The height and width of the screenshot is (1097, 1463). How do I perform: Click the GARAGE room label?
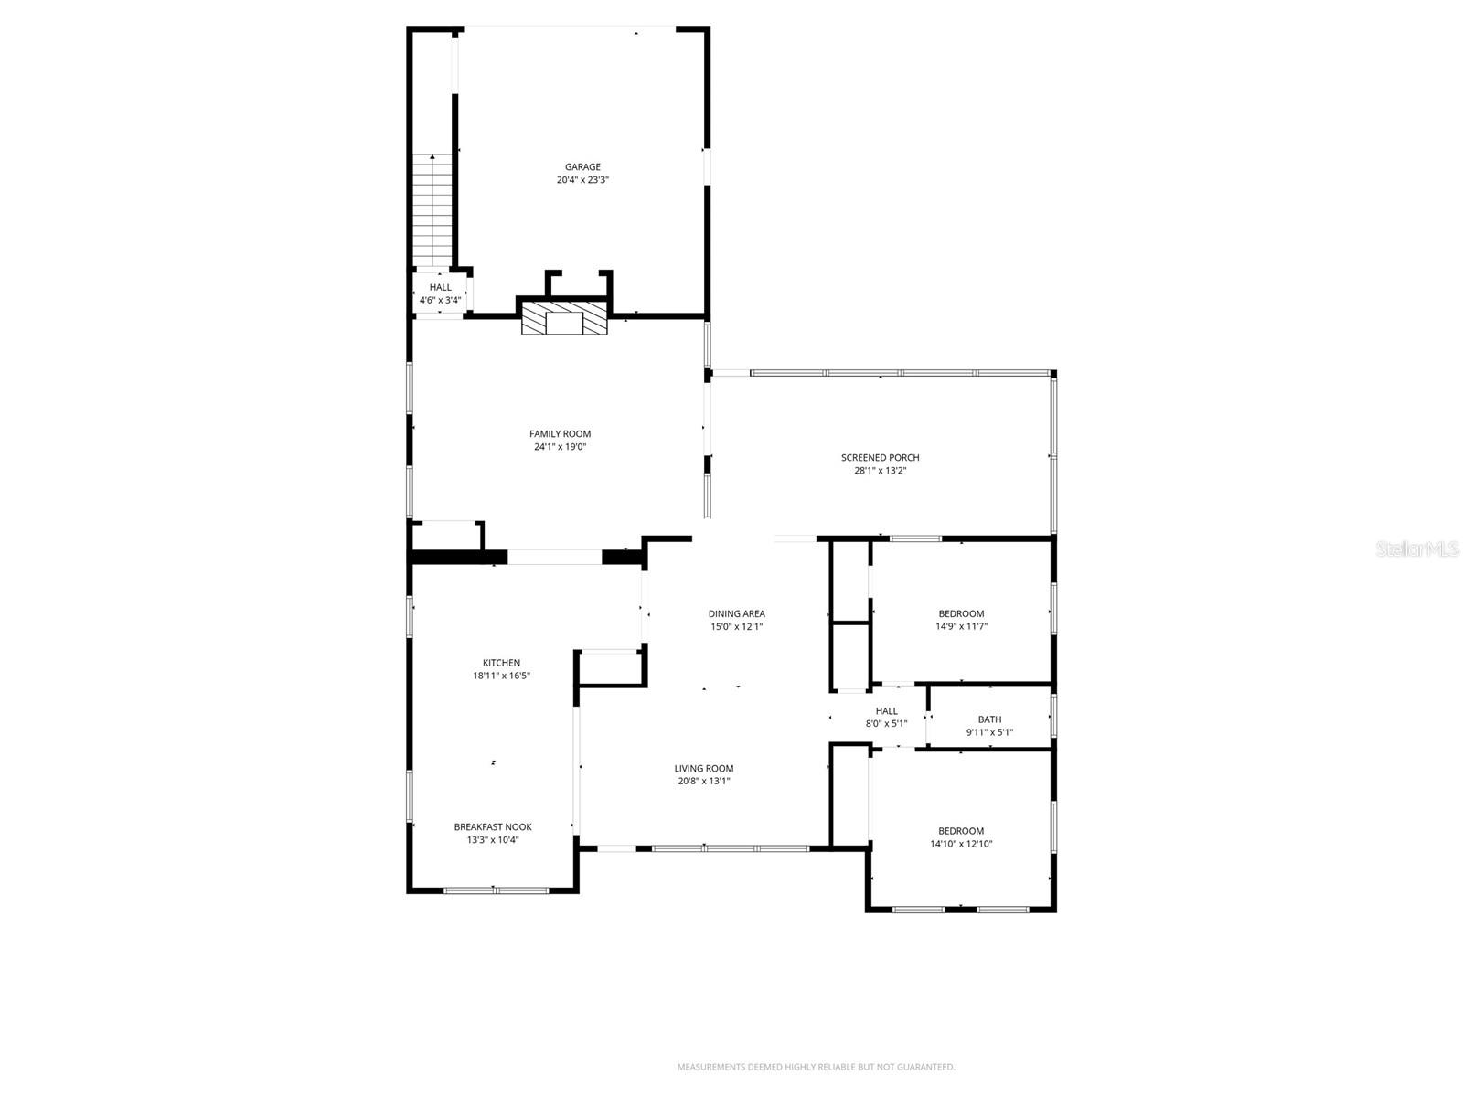(582, 167)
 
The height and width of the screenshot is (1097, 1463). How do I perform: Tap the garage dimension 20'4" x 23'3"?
(582, 180)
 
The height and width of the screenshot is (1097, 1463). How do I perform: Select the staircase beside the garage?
(432, 210)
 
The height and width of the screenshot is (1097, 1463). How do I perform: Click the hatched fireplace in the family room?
(564, 319)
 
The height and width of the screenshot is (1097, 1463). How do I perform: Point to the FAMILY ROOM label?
(560, 434)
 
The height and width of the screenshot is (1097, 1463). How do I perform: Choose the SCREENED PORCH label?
(880, 458)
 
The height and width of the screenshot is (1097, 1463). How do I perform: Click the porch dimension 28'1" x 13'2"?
(880, 471)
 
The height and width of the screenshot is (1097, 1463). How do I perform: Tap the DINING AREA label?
(736, 614)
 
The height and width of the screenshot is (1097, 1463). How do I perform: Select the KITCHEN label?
(501, 663)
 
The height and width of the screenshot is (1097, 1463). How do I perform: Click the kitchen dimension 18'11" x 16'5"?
(501, 676)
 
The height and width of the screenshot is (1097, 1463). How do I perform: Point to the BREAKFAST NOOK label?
(493, 827)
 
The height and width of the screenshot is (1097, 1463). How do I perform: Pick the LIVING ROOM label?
(704, 769)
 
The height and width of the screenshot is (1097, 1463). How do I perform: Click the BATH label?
(989, 719)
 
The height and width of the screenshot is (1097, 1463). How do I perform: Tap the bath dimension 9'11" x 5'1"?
(989, 732)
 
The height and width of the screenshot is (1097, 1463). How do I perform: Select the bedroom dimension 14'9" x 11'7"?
(961, 627)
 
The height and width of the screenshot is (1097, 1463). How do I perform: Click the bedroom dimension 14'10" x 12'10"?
(961, 844)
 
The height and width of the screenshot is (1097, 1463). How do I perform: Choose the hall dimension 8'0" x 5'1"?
(886, 724)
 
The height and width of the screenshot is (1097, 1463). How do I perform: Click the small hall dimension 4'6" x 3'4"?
(440, 300)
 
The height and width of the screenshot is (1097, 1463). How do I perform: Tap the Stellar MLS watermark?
(1417, 548)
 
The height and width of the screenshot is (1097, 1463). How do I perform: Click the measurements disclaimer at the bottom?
(816, 1067)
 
